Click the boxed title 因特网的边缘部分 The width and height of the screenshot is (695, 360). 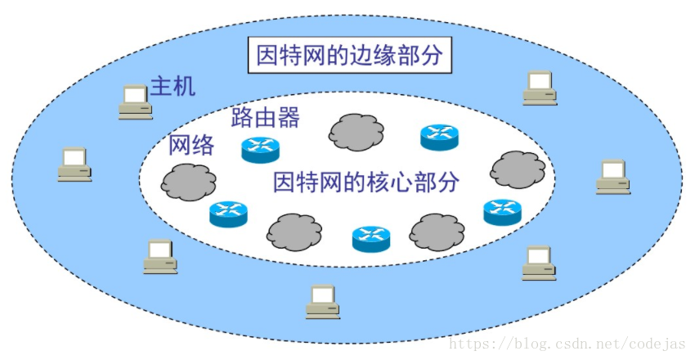point(348,56)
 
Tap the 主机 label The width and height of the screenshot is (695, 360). point(173,86)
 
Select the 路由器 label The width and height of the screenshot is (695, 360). point(265,118)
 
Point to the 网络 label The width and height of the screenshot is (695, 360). point(191,146)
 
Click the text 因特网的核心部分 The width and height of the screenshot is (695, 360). point(365,181)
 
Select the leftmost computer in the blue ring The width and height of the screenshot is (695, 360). point(74,164)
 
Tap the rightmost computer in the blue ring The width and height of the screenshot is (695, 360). point(612,176)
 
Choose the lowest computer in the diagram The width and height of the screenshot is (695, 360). point(323,301)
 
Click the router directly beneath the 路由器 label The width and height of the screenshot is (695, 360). point(260,149)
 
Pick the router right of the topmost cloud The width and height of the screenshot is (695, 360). point(439,137)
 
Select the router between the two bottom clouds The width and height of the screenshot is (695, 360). point(371,238)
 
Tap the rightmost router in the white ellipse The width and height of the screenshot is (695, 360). point(502,212)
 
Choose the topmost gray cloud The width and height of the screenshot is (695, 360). point(356,130)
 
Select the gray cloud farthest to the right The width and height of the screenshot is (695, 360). point(517,169)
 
